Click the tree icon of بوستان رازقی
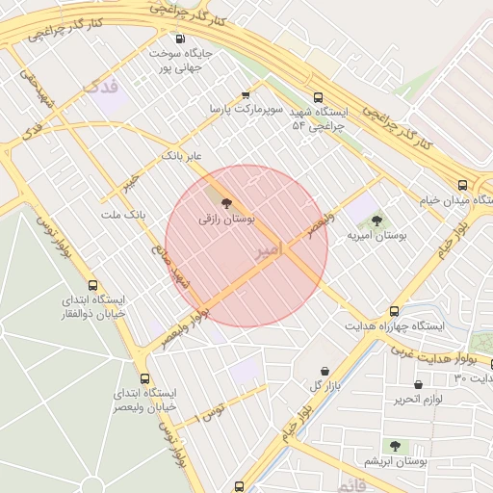(x=227, y=203)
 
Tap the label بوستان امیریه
(x=376, y=235)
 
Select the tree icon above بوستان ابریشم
(x=395, y=446)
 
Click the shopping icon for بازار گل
(x=324, y=372)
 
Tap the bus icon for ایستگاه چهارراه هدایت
(x=394, y=311)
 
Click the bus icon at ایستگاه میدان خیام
(x=463, y=185)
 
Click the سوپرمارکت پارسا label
(x=247, y=110)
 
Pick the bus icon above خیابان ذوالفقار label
(x=92, y=285)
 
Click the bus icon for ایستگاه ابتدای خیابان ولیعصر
(x=144, y=378)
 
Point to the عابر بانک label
(x=184, y=154)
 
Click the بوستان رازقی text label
(x=227, y=220)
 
